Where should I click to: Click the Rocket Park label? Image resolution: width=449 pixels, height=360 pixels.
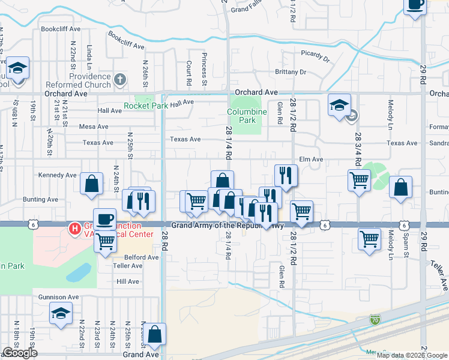[x=146, y=106]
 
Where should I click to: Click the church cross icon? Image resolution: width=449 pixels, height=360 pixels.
[x=120, y=79]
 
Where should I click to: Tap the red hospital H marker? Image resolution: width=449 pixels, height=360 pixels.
[x=75, y=228]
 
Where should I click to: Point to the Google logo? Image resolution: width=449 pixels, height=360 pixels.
[x=19, y=353]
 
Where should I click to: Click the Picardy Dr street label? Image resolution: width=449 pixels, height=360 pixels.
[x=315, y=58]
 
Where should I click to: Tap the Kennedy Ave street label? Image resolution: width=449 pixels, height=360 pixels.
[x=57, y=175]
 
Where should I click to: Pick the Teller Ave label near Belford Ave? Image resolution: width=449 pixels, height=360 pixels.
[x=127, y=265]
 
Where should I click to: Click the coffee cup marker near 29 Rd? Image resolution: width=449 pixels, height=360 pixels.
[x=415, y=6]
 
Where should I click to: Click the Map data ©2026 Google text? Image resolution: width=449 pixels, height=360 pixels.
[x=412, y=355]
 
